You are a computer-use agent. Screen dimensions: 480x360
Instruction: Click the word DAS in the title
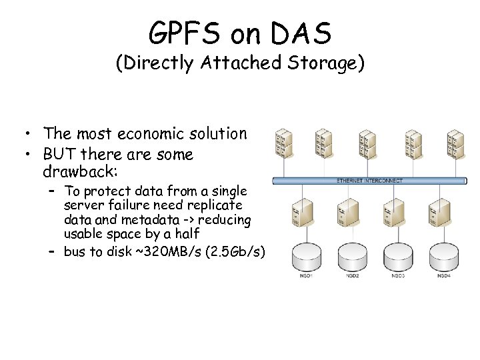pos(303,31)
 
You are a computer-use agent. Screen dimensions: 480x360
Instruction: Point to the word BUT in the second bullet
pos(59,155)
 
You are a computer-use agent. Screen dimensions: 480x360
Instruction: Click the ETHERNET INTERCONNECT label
pos(371,181)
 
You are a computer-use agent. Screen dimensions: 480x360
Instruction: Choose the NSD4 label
pos(443,275)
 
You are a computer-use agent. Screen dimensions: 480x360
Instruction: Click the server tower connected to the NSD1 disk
pos(298,211)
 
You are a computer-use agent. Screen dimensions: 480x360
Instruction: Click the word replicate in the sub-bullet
pos(217,205)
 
